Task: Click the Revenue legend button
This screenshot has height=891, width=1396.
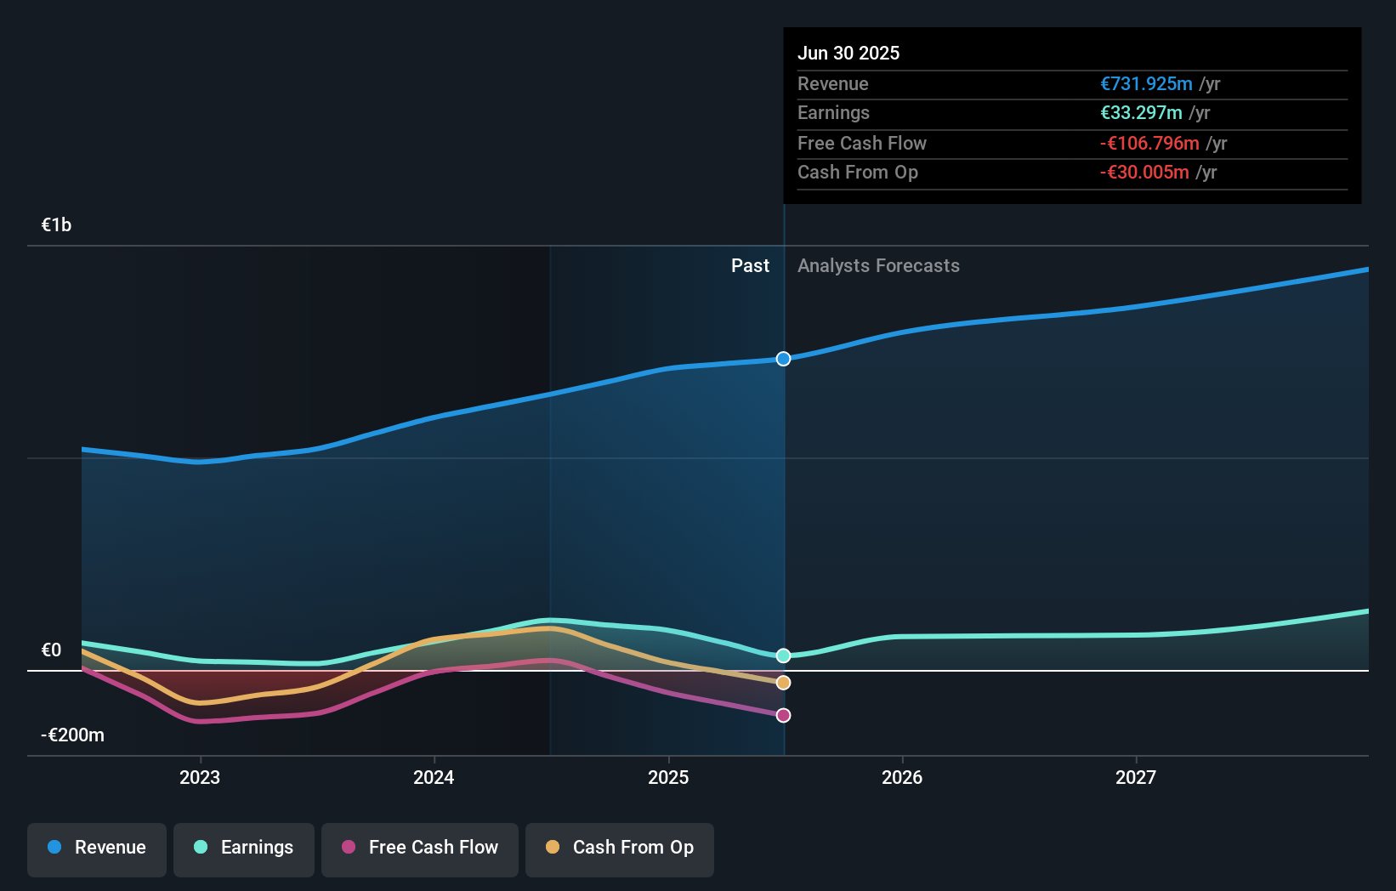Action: tap(97, 848)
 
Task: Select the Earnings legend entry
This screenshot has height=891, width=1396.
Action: tap(244, 848)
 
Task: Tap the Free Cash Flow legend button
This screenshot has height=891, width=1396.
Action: tap(420, 848)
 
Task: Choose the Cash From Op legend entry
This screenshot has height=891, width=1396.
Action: tap(620, 848)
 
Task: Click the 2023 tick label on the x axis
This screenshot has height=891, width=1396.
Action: tap(200, 777)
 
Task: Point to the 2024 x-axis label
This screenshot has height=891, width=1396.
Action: tap(434, 777)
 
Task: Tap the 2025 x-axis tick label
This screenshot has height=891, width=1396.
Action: tap(668, 777)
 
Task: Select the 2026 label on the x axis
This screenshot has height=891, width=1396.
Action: tap(902, 777)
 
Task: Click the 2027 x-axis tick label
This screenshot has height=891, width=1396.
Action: tap(1136, 777)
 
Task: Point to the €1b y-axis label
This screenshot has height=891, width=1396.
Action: tap(56, 224)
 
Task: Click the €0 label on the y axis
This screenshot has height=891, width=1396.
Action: tap(51, 650)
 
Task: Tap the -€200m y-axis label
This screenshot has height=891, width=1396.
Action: tap(72, 735)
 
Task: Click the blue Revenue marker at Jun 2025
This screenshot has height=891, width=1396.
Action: tap(783, 359)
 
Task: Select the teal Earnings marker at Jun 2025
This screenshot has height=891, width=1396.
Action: tap(783, 655)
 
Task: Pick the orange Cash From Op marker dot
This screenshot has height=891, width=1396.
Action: tap(783, 683)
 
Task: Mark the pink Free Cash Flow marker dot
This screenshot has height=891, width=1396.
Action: tap(783, 715)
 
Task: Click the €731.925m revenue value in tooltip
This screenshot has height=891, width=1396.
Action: tap(1146, 84)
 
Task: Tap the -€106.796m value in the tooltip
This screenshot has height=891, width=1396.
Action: tap(1149, 144)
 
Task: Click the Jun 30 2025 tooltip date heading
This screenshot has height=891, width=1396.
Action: tap(848, 53)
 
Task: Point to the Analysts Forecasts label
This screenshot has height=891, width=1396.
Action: tap(878, 266)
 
